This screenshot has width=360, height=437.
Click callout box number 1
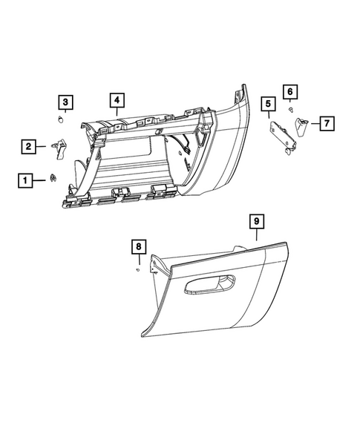(x=26, y=179)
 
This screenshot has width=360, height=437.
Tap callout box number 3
(x=66, y=102)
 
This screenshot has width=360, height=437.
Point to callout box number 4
(x=117, y=99)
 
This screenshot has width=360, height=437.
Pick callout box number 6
(x=290, y=91)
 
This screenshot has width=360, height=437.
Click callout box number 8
(x=138, y=246)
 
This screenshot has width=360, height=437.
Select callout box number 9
(x=255, y=221)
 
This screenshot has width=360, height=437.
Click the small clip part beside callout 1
(x=53, y=177)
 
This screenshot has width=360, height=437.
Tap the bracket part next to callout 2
(x=59, y=148)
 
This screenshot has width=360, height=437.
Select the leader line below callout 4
(x=117, y=111)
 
